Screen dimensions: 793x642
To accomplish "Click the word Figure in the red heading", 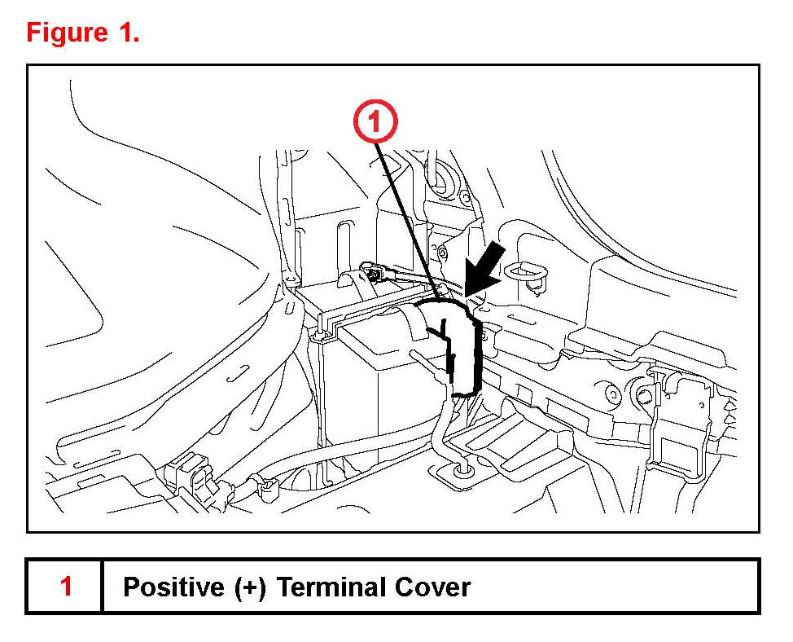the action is tap(67, 33).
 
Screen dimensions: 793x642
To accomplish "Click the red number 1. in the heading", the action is tap(129, 33).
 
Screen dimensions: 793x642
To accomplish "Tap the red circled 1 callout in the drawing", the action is tap(375, 121).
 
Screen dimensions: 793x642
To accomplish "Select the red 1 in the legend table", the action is tap(66, 586).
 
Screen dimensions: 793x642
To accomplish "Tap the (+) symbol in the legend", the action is tap(250, 587).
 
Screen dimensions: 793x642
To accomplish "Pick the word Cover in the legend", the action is tap(433, 587).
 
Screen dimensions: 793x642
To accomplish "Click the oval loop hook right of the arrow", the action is tap(526, 271).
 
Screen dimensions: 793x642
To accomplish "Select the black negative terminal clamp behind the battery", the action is tap(375, 275).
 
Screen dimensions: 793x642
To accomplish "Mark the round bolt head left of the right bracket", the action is tap(611, 393).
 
